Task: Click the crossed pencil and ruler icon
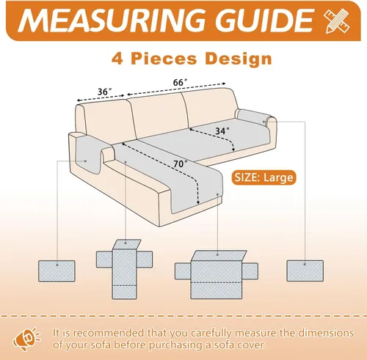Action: (337, 21)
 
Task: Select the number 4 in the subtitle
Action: (117, 59)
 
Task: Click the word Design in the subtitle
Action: (239, 59)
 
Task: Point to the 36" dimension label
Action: (104, 92)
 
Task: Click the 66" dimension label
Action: (180, 82)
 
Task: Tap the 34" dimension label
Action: (222, 131)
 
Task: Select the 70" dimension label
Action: (181, 164)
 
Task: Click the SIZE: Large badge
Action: (264, 177)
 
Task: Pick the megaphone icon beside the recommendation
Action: (26, 339)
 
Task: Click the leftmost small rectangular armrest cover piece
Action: (57, 271)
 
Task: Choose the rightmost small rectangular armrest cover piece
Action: (305, 271)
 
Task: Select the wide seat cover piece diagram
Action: (217, 275)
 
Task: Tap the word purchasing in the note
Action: (176, 345)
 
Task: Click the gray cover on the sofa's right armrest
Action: (255, 117)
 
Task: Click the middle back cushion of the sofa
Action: (159, 115)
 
